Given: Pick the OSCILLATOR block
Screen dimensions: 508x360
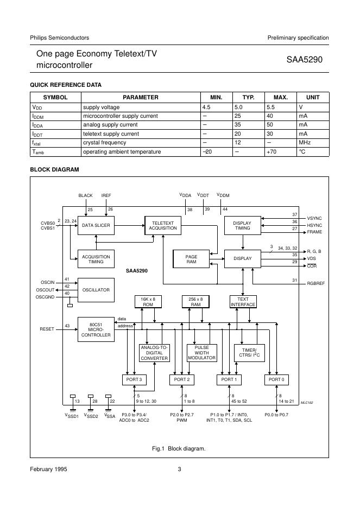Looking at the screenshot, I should tap(96, 289).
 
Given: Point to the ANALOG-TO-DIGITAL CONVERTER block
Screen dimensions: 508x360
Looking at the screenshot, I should tap(154, 353).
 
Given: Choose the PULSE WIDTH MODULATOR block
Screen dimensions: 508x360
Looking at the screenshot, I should tap(201, 353).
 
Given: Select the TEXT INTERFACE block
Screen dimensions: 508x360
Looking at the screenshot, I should tap(243, 302).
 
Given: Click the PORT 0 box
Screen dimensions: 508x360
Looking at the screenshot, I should tap(276, 379).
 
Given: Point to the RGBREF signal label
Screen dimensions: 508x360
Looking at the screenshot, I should tap(315, 284).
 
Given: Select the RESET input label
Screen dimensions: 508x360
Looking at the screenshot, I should tap(48, 329).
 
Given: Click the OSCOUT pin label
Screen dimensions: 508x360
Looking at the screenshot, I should tap(46, 289).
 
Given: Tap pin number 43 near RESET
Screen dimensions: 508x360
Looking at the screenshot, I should tap(67, 326).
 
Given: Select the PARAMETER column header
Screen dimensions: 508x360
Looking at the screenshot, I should tap(141, 97).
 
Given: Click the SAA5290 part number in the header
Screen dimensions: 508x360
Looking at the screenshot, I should tap(305, 60).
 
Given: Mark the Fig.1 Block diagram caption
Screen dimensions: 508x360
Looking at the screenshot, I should tap(179, 448).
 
